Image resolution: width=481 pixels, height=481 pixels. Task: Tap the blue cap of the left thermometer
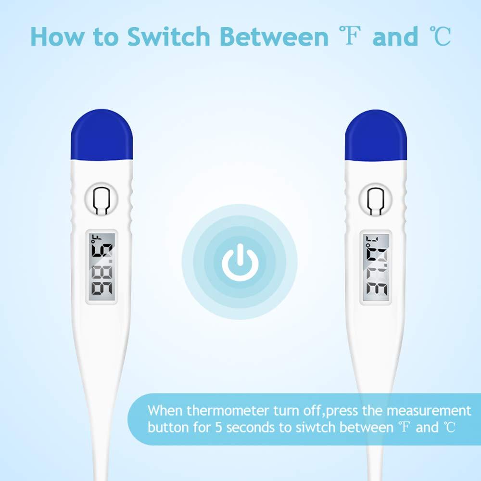pyautogui.click(x=101, y=136)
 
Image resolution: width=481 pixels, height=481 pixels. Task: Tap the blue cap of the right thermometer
pyautogui.click(x=376, y=136)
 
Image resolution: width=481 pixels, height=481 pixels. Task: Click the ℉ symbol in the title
pyautogui.click(x=353, y=37)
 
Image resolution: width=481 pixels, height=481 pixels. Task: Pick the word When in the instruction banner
pyautogui.click(x=165, y=411)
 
